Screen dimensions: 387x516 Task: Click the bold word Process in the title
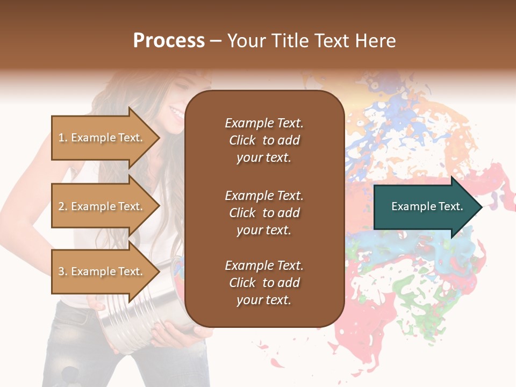coord(169,41)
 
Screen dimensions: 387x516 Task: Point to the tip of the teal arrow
coord(482,206)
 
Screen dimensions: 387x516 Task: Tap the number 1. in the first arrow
coord(63,138)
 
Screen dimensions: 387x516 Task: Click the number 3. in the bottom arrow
coord(63,271)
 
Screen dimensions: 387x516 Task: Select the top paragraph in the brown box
coord(264,140)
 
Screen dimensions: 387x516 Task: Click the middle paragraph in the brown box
coord(264,212)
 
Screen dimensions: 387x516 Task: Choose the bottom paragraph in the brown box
coord(264,283)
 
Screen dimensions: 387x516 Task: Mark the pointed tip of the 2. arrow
coord(159,206)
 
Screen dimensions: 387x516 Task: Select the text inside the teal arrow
coord(427,206)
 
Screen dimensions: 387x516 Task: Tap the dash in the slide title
coord(216,41)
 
